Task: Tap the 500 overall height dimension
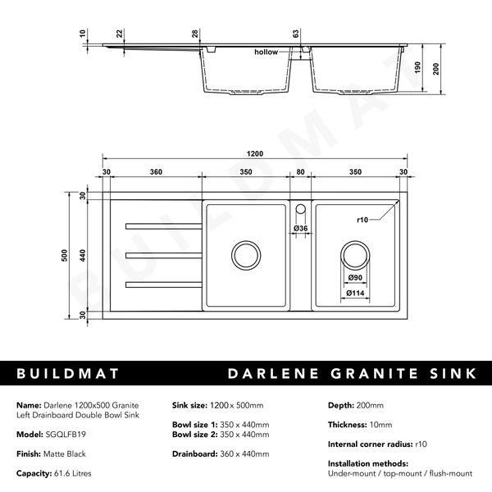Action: click(x=64, y=255)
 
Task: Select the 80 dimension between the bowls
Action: click(x=300, y=172)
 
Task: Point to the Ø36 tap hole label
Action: click(x=301, y=228)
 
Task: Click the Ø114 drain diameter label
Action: click(x=354, y=293)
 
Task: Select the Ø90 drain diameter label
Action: click(x=354, y=279)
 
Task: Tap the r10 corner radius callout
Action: click(x=363, y=220)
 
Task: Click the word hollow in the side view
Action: click(x=266, y=52)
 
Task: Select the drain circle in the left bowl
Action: click(x=245, y=255)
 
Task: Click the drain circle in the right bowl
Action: click(x=355, y=255)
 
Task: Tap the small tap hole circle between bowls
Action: click(x=300, y=207)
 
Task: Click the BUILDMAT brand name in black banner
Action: click(x=68, y=374)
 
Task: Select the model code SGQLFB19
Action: click(x=66, y=435)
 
